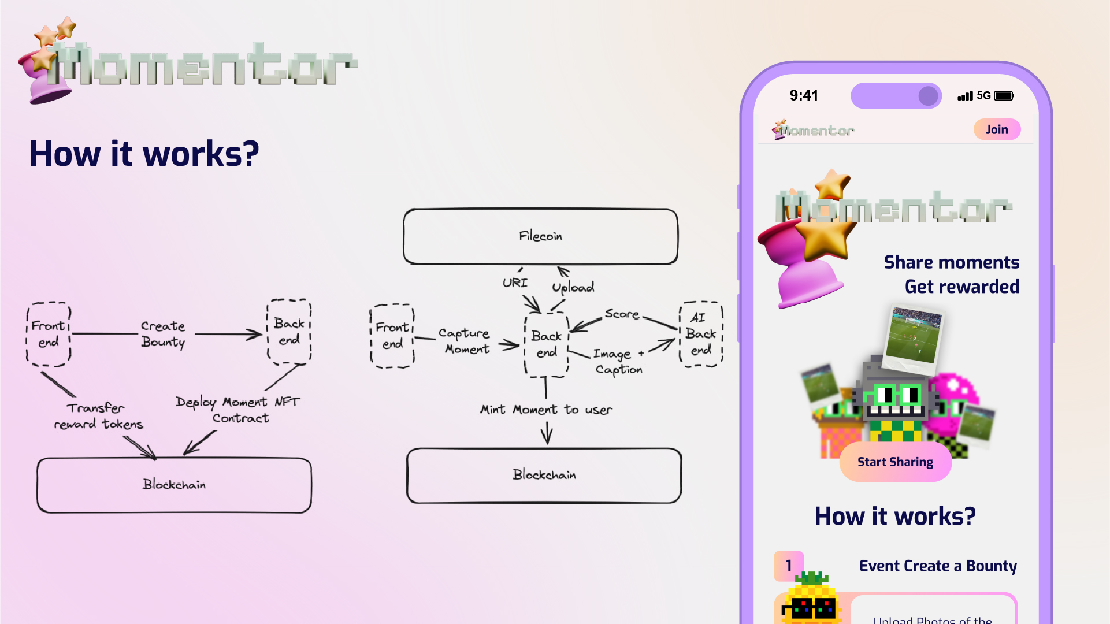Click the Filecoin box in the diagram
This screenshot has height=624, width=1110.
[540, 236]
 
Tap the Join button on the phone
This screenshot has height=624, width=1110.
[997, 129]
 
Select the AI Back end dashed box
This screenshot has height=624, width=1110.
[701, 334]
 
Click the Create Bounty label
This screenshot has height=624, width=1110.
[163, 334]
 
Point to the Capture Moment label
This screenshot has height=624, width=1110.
[465, 341]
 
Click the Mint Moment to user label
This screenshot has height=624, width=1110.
[545, 410]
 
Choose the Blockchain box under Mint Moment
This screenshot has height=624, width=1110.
[544, 475]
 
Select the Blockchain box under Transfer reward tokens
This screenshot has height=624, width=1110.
[174, 485]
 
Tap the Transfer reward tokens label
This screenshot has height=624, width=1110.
[98, 416]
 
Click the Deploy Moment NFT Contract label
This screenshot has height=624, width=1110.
[238, 410]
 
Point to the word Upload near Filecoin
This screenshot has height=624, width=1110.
[573, 287]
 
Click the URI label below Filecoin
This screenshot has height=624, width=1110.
[514, 283]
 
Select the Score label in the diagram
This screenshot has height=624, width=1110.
[622, 314]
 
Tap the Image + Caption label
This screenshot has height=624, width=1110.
[618, 361]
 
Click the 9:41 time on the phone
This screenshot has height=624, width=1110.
[804, 95]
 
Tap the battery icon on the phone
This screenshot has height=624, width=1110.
[1004, 96]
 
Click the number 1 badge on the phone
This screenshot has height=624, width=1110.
[789, 565]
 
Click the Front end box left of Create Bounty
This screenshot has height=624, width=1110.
[49, 334]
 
